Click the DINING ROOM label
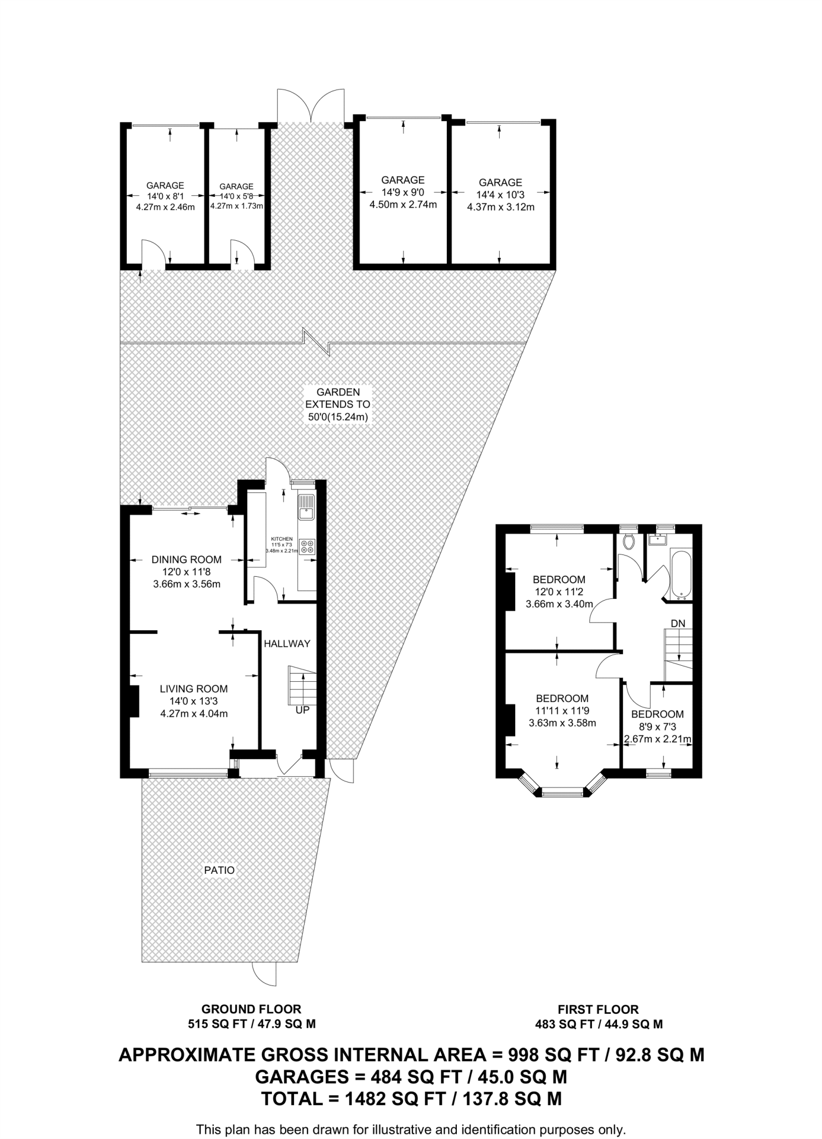[x=186, y=559]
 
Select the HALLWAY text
[x=287, y=643]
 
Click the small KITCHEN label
[x=282, y=539]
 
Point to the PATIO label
[x=219, y=870]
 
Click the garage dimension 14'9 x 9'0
[x=403, y=192]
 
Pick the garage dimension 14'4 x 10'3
[x=500, y=195]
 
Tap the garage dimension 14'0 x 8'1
[x=165, y=196]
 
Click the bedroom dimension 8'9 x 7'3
[x=657, y=727]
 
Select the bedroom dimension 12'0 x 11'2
[x=559, y=592]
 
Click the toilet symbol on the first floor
[x=629, y=541]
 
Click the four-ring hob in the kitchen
[x=306, y=546]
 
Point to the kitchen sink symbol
[x=306, y=507]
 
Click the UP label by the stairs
[x=302, y=710]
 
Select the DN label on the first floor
[x=677, y=623]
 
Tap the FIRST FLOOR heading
[x=598, y=1009]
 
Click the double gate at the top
[x=311, y=105]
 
